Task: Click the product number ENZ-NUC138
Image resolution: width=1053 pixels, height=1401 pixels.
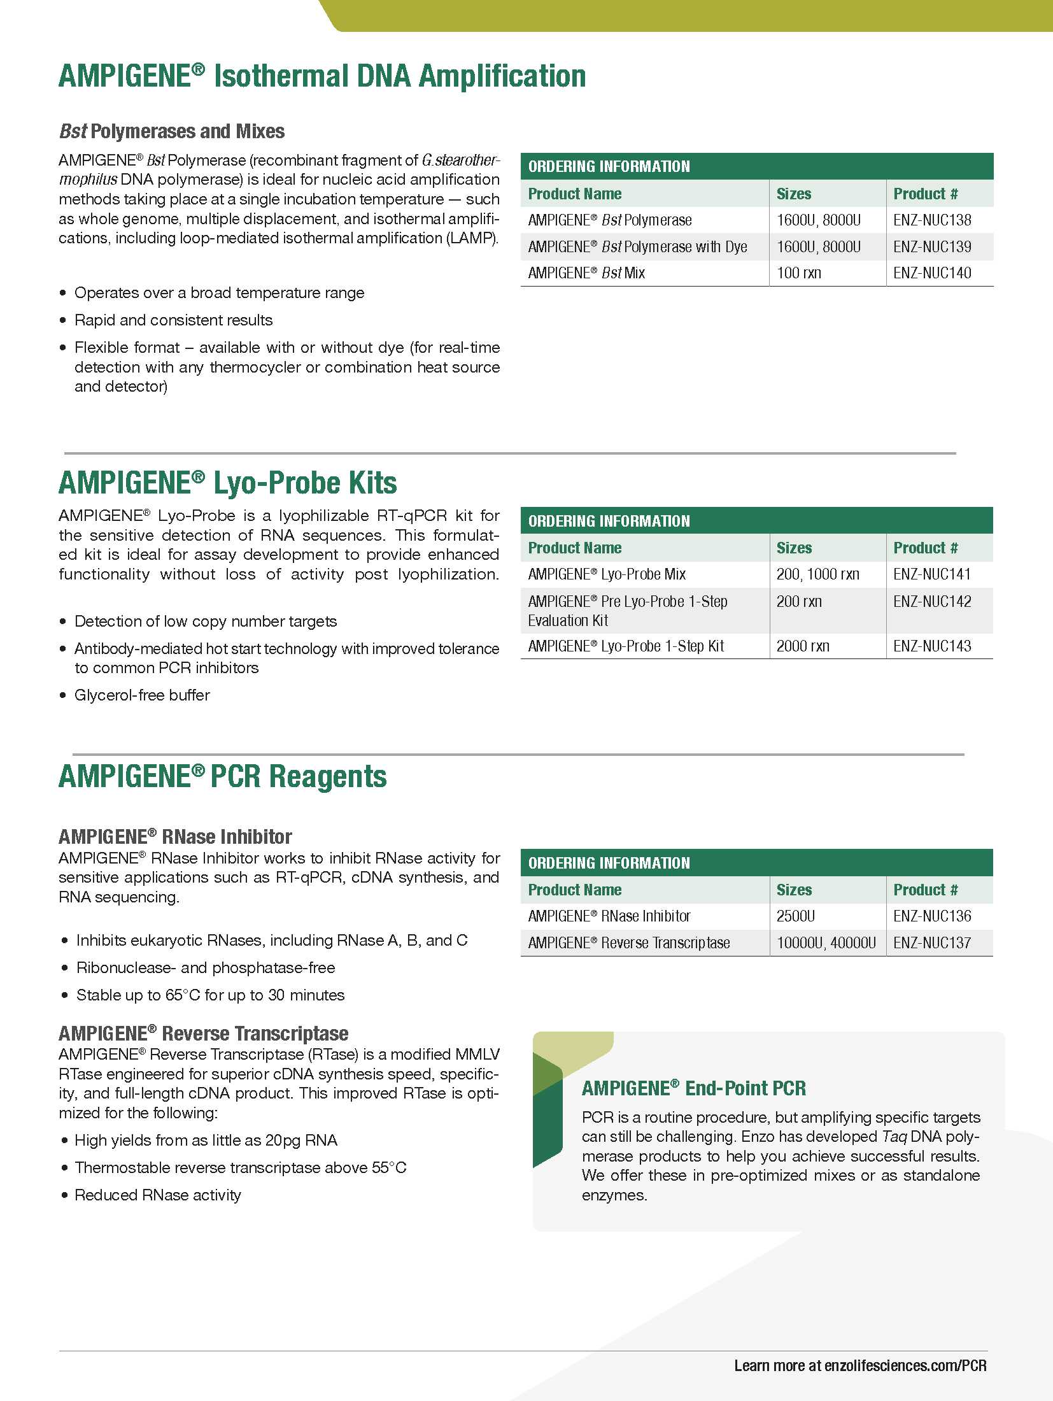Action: click(x=932, y=220)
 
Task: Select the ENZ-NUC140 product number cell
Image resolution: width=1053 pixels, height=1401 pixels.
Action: click(x=932, y=273)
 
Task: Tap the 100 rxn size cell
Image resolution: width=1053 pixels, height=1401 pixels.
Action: click(x=799, y=273)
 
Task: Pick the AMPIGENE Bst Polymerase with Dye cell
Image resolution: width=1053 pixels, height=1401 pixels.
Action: click(x=637, y=247)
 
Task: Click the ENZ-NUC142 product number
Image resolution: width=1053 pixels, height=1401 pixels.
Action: click(x=932, y=602)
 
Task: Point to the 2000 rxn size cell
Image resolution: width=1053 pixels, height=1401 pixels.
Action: click(x=803, y=646)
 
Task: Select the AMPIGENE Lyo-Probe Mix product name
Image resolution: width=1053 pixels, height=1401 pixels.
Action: click(x=607, y=574)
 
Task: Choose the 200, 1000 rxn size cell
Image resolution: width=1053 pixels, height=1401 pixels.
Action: click(x=817, y=574)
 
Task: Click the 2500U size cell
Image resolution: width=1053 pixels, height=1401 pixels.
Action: click(x=796, y=916)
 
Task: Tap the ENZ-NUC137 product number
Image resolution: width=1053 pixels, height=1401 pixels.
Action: click(x=932, y=943)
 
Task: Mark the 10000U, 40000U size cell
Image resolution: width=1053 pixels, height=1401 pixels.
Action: click(x=826, y=943)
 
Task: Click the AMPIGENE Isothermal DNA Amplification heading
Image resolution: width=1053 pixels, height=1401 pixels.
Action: click(x=322, y=76)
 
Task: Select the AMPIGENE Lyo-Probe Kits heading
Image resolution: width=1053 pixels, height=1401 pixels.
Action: click(x=228, y=483)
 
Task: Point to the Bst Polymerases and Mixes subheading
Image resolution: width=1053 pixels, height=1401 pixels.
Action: click(x=172, y=132)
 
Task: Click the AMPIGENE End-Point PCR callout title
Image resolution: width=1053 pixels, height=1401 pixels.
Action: click(x=693, y=1088)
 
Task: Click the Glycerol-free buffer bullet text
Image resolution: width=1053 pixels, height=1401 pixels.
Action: click(x=142, y=695)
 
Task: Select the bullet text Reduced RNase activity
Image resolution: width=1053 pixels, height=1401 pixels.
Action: click(x=158, y=1195)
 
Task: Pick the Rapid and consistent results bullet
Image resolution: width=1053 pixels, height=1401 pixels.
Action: click(x=173, y=320)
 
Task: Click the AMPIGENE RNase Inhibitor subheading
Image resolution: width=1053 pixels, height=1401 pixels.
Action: click(x=175, y=837)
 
